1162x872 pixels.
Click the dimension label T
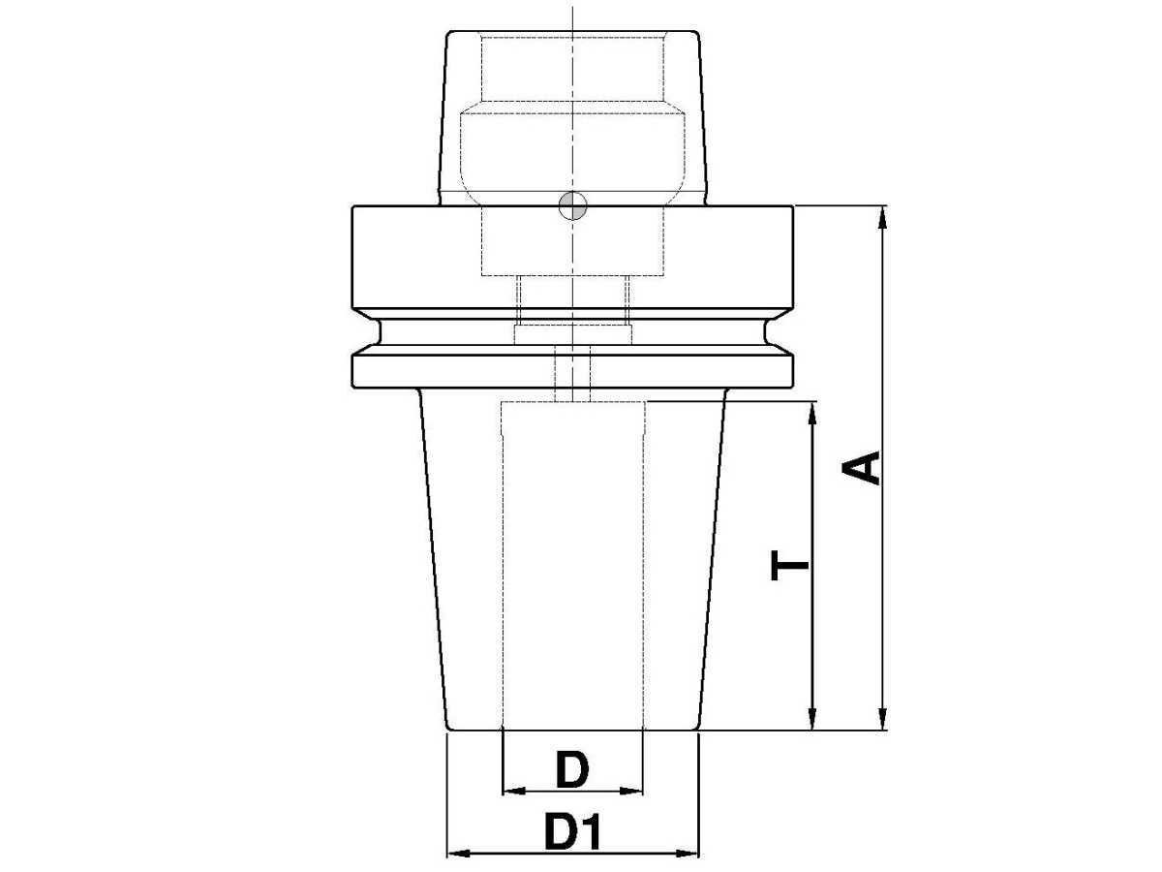pyautogui.click(x=790, y=565)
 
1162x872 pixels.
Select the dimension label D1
pyautogui.click(x=572, y=832)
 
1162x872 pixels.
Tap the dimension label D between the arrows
pyautogui.click(x=572, y=770)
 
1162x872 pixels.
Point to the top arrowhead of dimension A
pyautogui.click(x=881, y=215)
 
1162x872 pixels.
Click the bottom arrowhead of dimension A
pyautogui.click(x=881, y=721)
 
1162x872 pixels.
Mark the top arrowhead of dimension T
pyautogui.click(x=812, y=411)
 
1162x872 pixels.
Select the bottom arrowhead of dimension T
pyautogui.click(x=812, y=721)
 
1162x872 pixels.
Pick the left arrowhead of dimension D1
pyautogui.click(x=456, y=854)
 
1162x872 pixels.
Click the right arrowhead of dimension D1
pyautogui.click(x=688, y=854)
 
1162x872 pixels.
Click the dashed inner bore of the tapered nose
pyautogui.click(x=572, y=562)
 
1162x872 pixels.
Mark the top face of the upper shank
pyautogui.click(x=572, y=32)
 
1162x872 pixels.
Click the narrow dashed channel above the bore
pyautogui.click(x=572, y=373)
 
